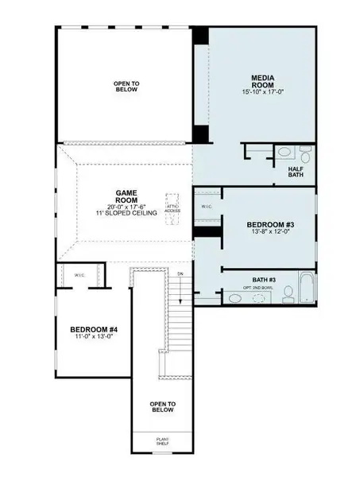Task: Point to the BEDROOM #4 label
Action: point(94,329)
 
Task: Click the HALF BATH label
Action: point(296,172)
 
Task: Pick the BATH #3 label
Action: point(264,279)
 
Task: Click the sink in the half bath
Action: point(283,153)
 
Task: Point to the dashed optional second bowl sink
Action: point(259,298)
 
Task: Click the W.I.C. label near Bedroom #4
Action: point(80,275)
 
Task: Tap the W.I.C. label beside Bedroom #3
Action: point(207,206)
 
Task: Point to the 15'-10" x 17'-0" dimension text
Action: point(263,92)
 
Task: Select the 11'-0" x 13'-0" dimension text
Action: point(94,338)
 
